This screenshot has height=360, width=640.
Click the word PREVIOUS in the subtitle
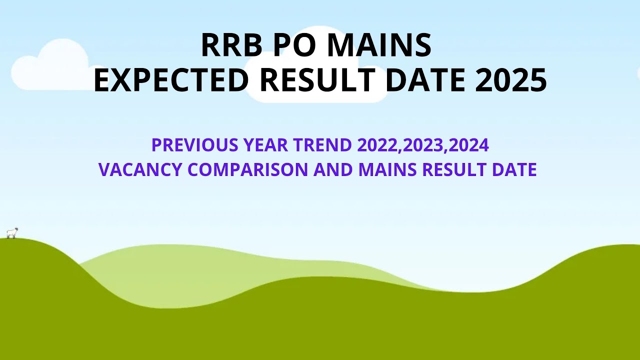[x=195, y=145]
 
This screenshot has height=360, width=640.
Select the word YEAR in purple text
[x=266, y=145]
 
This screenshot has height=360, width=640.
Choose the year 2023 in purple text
[x=424, y=145]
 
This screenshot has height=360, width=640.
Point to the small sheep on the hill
[x=12, y=233]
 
